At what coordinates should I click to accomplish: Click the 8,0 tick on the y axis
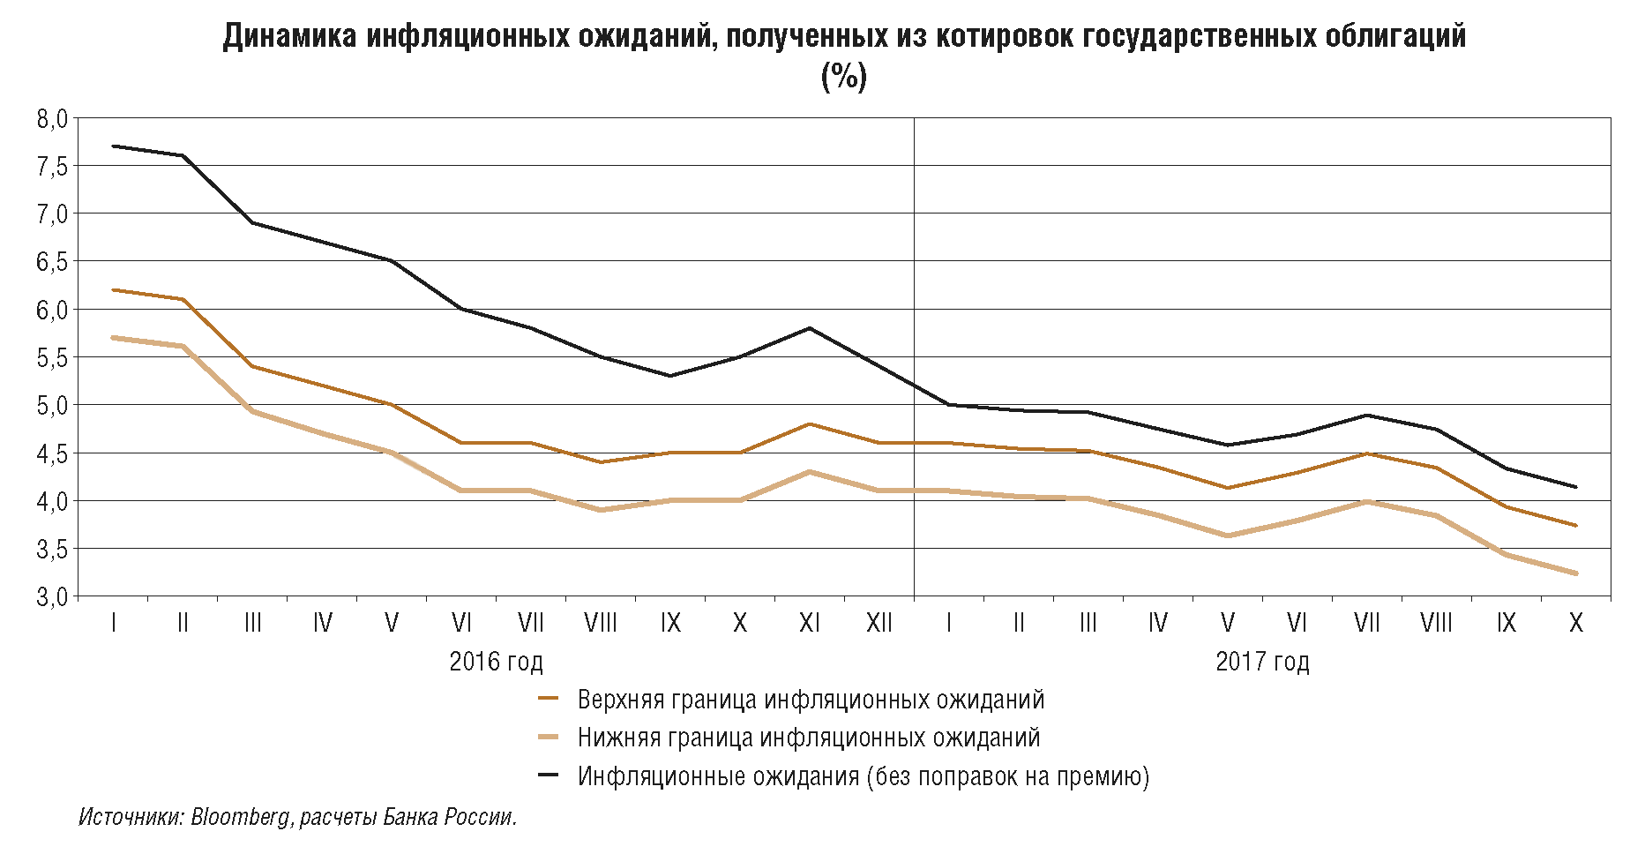coord(52,118)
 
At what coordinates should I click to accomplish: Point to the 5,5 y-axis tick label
coord(52,357)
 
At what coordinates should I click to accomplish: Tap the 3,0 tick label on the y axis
coord(52,597)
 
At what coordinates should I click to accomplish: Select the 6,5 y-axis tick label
coord(52,262)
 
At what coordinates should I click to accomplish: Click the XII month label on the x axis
coord(879,624)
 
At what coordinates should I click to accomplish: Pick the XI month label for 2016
coord(810,624)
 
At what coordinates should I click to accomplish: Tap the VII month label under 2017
coord(1366,624)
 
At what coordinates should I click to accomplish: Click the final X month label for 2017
coord(1576,624)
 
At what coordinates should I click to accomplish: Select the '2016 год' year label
coord(496,662)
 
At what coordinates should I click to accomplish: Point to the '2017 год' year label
coord(1262,662)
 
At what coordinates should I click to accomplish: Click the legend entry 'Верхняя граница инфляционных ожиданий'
coord(811,700)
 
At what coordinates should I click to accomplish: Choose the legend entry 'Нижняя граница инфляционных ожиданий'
coord(808,738)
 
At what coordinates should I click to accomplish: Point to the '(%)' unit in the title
coord(844,77)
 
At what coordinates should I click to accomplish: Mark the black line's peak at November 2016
coord(810,328)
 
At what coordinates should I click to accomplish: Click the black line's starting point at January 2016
coord(114,146)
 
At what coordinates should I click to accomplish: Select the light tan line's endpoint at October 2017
coord(1576,573)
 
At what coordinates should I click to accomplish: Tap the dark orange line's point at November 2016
coord(810,424)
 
